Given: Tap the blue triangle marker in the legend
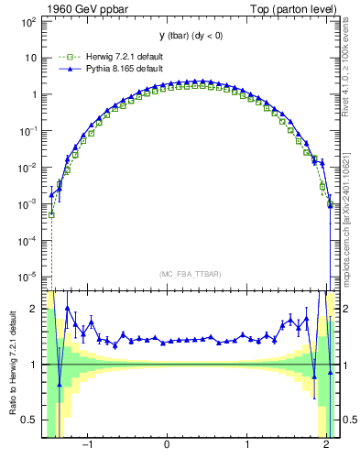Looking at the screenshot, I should [x=64, y=68].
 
